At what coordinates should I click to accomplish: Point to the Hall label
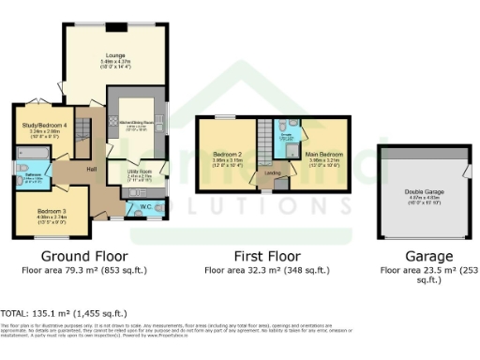pos(93,169)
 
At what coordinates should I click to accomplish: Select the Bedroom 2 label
pos(227,154)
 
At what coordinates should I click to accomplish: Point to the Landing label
pos(274,172)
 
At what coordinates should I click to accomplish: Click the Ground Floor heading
pos(84,256)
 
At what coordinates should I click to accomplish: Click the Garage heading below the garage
pos(427,256)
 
